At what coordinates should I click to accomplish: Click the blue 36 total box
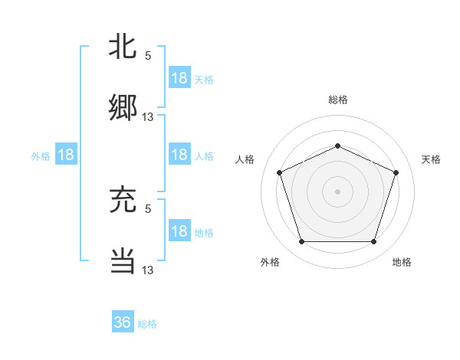click(123, 322)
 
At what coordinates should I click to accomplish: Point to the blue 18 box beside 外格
click(66, 155)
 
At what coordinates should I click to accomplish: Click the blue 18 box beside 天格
click(179, 78)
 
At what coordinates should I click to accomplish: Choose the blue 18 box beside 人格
click(179, 155)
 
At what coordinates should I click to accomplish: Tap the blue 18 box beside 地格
click(179, 231)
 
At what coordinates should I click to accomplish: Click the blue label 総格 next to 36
click(147, 324)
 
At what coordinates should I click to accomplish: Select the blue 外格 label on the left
click(41, 156)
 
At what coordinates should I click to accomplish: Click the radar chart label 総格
click(337, 100)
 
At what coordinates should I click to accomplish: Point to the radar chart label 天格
click(431, 159)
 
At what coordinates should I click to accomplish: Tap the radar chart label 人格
click(245, 159)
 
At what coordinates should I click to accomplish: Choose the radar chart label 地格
click(402, 263)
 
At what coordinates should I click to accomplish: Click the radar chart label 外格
click(270, 263)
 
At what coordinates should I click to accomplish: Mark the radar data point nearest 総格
click(337, 146)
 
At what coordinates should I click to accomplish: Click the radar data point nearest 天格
click(396, 172)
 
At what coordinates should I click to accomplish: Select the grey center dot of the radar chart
click(337, 191)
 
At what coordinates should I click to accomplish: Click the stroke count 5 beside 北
click(148, 55)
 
